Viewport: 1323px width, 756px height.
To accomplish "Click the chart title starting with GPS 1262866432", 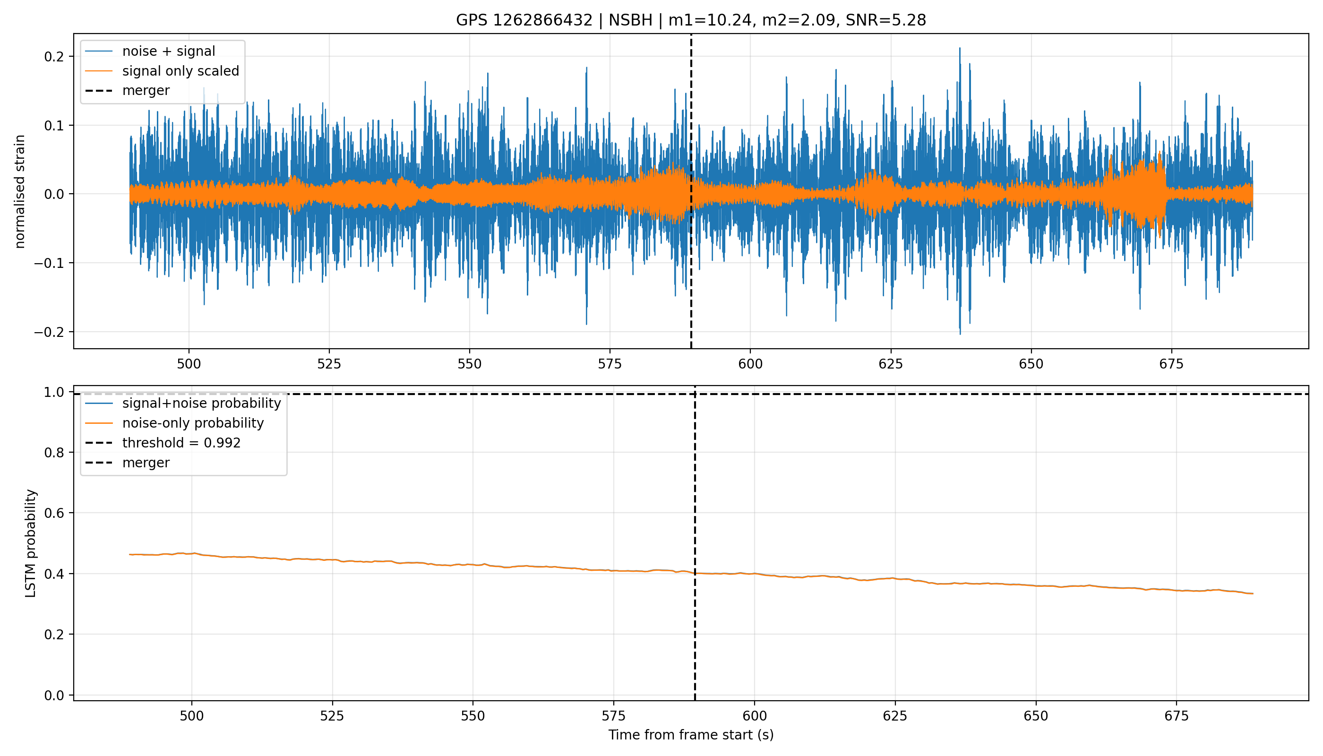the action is coord(691,20).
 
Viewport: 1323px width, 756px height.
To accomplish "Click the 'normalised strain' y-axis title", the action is coord(20,191).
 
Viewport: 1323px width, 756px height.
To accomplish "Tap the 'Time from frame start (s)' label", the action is coord(691,735).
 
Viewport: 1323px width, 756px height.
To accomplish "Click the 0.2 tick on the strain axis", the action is coord(54,57).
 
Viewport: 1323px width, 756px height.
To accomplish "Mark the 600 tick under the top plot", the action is coord(750,364).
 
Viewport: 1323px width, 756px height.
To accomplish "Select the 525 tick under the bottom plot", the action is coord(332,716).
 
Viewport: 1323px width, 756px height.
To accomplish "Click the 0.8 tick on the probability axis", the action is coord(54,453).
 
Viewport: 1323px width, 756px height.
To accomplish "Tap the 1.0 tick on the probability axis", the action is coord(54,393).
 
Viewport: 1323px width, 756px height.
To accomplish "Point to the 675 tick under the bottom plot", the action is coord(1177,716).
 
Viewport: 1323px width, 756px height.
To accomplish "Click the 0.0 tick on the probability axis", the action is coord(54,695).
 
